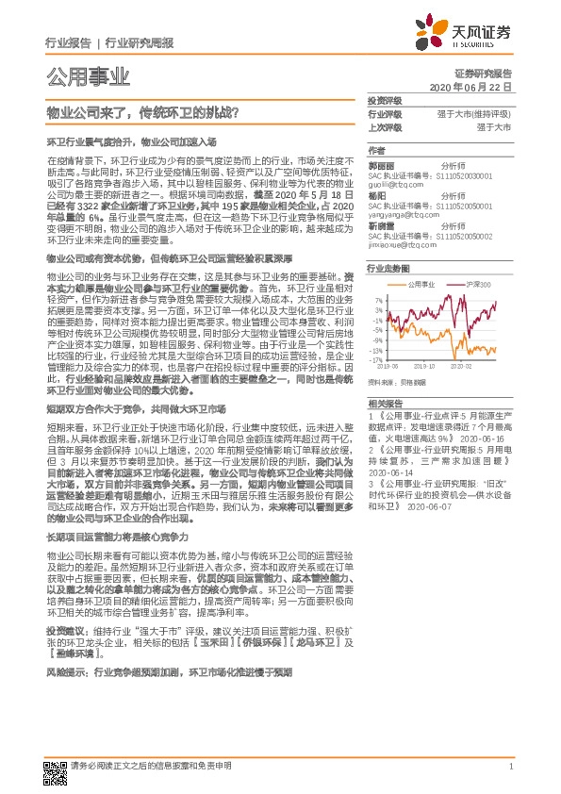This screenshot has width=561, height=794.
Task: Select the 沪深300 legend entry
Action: click(x=478, y=284)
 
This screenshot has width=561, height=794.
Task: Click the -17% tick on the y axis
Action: click(x=375, y=359)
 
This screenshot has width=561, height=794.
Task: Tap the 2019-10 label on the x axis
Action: click(x=425, y=366)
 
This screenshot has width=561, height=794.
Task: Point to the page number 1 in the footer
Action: click(x=510, y=768)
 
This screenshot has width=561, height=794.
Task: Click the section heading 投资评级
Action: click(x=383, y=99)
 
